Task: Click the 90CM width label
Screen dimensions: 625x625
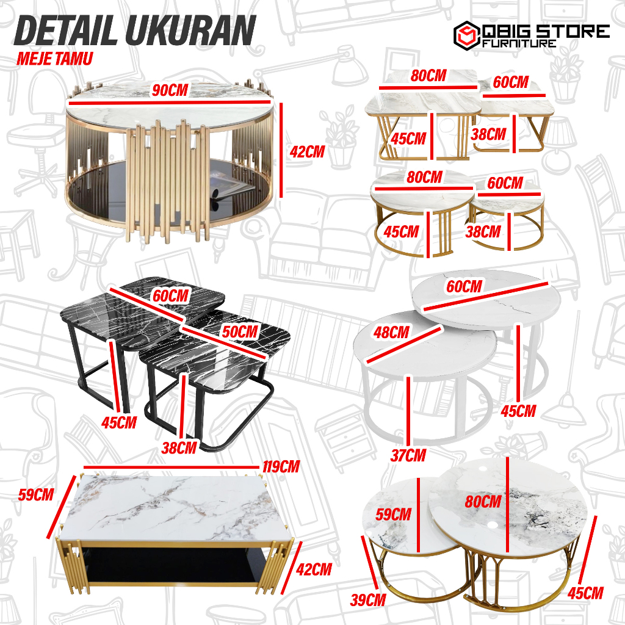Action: pos(170,90)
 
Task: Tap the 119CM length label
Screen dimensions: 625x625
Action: pos(281,467)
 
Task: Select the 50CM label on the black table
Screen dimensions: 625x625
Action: pos(240,331)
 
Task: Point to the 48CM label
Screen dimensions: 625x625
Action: pos(391,333)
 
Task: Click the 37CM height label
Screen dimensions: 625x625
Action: pos(408,455)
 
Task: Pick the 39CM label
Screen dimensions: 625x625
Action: pos(368,600)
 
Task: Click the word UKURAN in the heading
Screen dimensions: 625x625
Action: pos(190,31)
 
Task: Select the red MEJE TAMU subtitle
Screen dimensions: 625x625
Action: pos(54,59)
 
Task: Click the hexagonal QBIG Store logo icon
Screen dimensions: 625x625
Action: pos(467,35)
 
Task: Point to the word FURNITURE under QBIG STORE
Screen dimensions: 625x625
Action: pos(519,43)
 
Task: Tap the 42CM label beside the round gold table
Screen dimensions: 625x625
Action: pos(307,152)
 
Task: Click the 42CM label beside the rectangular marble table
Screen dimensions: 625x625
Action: pos(314,569)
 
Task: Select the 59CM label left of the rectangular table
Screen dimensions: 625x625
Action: pos(36,494)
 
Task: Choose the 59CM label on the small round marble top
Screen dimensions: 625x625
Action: pos(393,514)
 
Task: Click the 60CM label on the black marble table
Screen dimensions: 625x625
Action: pos(171,296)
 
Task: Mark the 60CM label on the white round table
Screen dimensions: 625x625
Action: pos(464,286)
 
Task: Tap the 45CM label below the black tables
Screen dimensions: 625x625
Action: pos(119,422)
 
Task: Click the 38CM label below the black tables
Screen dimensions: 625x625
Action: pos(179,448)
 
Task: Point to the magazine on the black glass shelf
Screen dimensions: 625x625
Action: pos(229,183)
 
